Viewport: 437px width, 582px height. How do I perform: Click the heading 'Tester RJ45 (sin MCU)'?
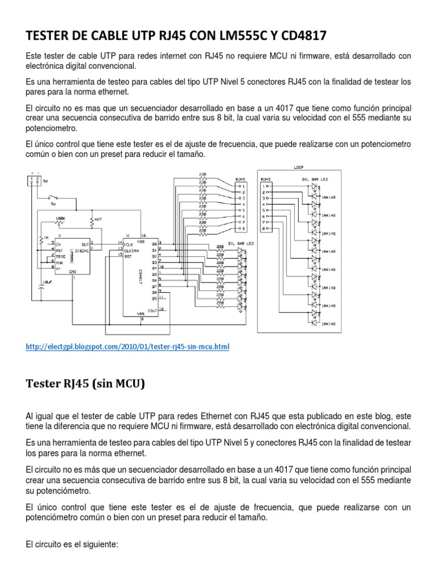[85, 384]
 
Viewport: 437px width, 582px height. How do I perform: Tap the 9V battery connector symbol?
[34, 180]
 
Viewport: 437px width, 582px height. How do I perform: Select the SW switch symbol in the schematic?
[53, 199]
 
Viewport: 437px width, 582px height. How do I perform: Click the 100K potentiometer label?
[60, 218]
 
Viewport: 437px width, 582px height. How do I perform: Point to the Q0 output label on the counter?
[153, 244]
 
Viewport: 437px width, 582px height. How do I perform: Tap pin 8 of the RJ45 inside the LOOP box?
[264, 228]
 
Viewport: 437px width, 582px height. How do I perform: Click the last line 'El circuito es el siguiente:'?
[72, 544]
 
